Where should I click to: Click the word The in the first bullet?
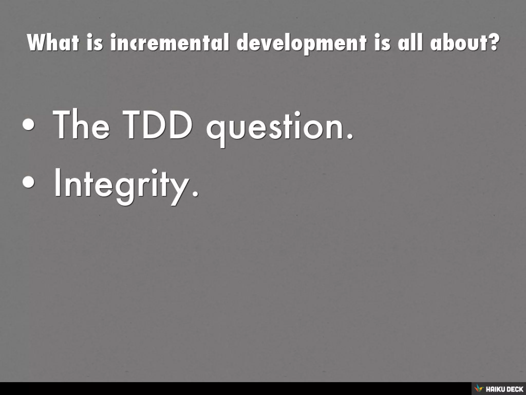tap(81, 126)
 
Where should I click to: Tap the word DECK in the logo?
tap(514, 389)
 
